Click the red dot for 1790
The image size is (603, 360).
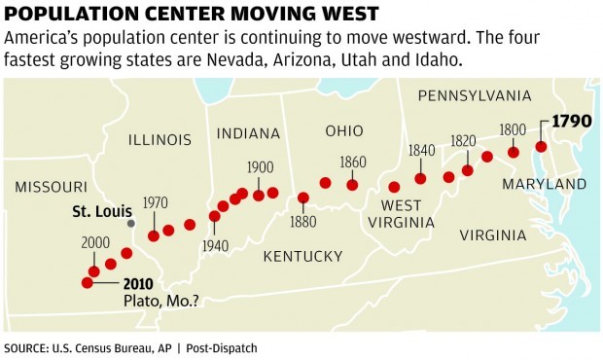point(542,147)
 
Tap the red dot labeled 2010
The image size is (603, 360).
point(88,283)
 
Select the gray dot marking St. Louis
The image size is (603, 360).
point(131,223)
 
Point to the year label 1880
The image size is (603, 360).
point(302,222)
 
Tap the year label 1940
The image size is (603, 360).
point(214,245)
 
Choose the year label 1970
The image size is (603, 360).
point(156,202)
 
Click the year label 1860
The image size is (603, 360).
point(352,161)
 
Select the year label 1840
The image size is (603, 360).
point(421,150)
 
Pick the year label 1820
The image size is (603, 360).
point(463,141)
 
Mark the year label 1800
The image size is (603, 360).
point(513,129)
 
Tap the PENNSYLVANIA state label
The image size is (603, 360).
point(473,95)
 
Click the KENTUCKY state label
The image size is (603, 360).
point(302,256)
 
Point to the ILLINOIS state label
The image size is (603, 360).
point(160,140)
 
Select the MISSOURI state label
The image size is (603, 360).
point(45,187)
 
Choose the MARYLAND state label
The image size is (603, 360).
point(545,184)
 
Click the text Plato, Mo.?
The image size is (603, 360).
point(161,302)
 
